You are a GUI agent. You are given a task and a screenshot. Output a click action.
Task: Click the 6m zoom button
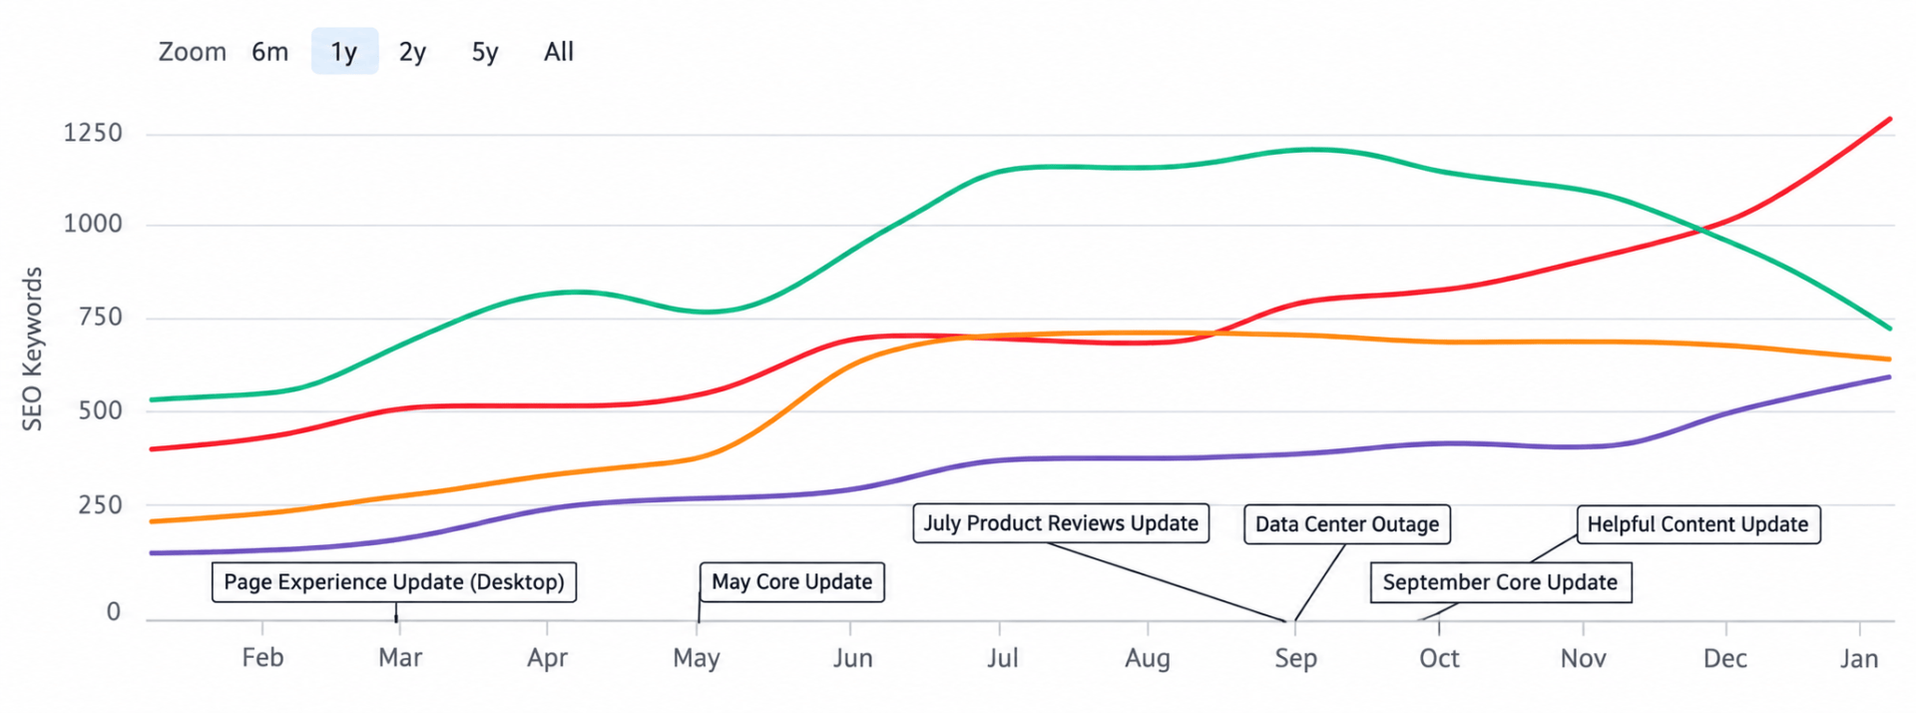[269, 52]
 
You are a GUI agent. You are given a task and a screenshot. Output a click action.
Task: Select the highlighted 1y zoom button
[344, 51]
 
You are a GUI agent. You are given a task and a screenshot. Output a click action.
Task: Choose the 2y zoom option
[412, 52]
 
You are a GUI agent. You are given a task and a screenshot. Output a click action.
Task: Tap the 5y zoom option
[485, 52]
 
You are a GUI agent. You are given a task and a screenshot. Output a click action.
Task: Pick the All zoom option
[559, 52]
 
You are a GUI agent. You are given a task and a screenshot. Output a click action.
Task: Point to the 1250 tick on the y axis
[93, 133]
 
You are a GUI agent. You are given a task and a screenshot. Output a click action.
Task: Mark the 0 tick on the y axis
[114, 611]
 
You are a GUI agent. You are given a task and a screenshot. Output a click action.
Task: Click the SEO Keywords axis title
[33, 349]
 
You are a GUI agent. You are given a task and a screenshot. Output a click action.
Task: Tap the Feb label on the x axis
[262, 658]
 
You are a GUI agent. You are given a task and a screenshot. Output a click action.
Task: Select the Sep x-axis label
[1295, 658]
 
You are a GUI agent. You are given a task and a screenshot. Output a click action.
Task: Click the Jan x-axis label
[1859, 658]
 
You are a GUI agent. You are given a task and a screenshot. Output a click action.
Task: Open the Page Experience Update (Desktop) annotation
[394, 582]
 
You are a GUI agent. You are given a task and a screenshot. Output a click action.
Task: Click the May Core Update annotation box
[791, 582]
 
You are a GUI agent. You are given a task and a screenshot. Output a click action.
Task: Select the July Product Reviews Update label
[1061, 523]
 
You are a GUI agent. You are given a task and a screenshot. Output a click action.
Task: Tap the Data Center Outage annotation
[1347, 524]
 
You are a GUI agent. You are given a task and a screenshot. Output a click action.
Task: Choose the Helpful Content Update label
[1697, 524]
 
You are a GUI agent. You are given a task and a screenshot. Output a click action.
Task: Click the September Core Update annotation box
[1500, 582]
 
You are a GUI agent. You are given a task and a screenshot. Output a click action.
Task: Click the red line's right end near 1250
[1889, 119]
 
